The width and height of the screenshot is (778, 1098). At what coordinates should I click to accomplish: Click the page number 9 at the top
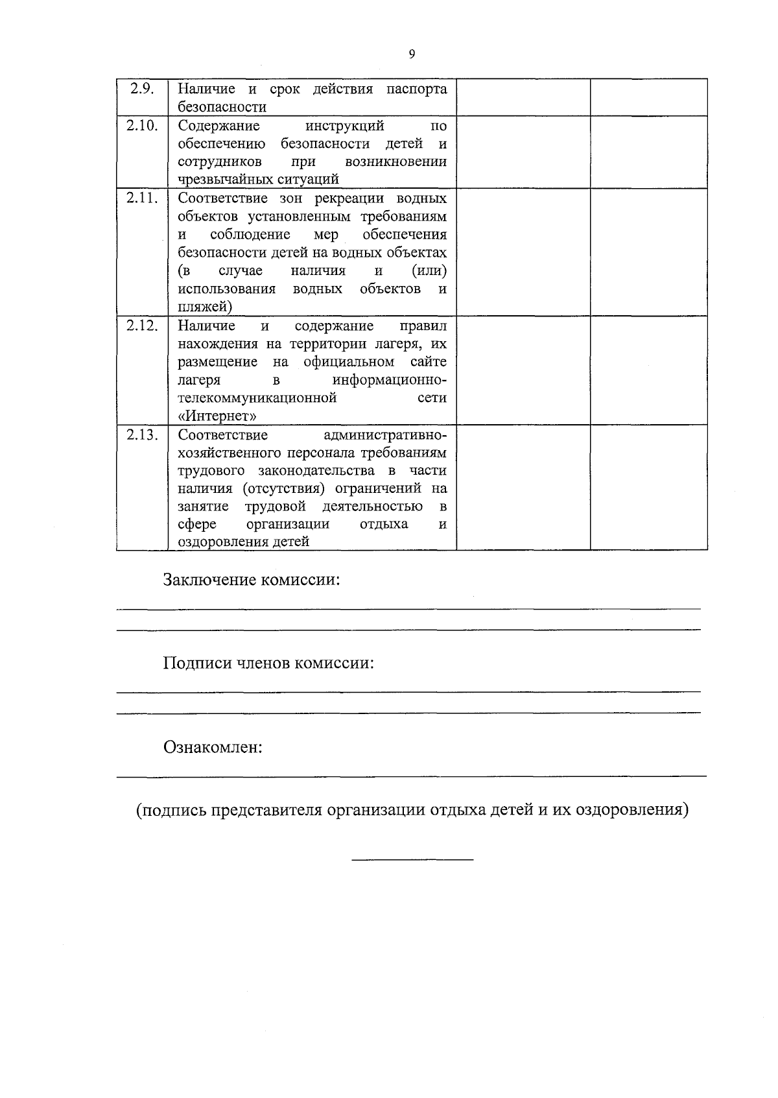pyautogui.click(x=412, y=54)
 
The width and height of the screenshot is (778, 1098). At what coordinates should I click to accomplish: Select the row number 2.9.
pyautogui.click(x=142, y=89)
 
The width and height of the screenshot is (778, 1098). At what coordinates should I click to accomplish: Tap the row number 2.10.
pyautogui.click(x=142, y=125)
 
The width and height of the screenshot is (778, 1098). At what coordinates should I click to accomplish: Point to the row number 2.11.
pyautogui.click(x=142, y=198)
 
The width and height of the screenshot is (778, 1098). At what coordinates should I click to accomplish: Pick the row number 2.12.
pyautogui.click(x=142, y=326)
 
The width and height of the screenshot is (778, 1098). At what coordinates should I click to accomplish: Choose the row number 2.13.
pyautogui.click(x=142, y=435)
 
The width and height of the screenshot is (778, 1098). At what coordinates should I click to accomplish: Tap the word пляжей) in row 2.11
pyautogui.click(x=205, y=307)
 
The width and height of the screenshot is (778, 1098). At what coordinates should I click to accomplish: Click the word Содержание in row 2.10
pyautogui.click(x=218, y=125)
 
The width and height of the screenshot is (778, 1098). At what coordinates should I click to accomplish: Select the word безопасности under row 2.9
pyautogui.click(x=222, y=107)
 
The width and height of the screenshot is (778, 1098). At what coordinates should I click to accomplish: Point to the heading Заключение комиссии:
pyautogui.click(x=252, y=579)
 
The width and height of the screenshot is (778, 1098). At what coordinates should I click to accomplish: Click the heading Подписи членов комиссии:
pyautogui.click(x=268, y=663)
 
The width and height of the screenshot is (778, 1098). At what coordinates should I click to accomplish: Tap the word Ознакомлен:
pyautogui.click(x=213, y=747)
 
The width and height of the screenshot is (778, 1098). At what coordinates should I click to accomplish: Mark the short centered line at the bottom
pyautogui.click(x=412, y=860)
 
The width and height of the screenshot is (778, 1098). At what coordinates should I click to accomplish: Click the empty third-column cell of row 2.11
pyautogui.click(x=523, y=252)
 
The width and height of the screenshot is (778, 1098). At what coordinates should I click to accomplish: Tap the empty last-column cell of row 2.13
pyautogui.click(x=648, y=488)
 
